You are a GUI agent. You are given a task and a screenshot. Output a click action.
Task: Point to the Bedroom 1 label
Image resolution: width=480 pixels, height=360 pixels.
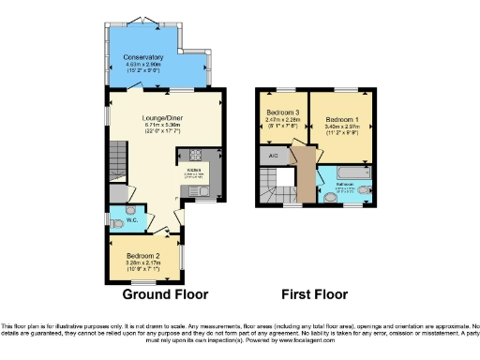[x=342, y=121]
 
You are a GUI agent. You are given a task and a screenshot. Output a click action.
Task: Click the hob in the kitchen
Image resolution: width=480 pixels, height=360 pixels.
[x=199, y=156]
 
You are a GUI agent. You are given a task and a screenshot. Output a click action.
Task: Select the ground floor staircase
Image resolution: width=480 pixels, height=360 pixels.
[x=118, y=155]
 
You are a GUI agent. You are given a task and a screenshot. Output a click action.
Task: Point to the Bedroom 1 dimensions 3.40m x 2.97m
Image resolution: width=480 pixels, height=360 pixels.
[x=342, y=130]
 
